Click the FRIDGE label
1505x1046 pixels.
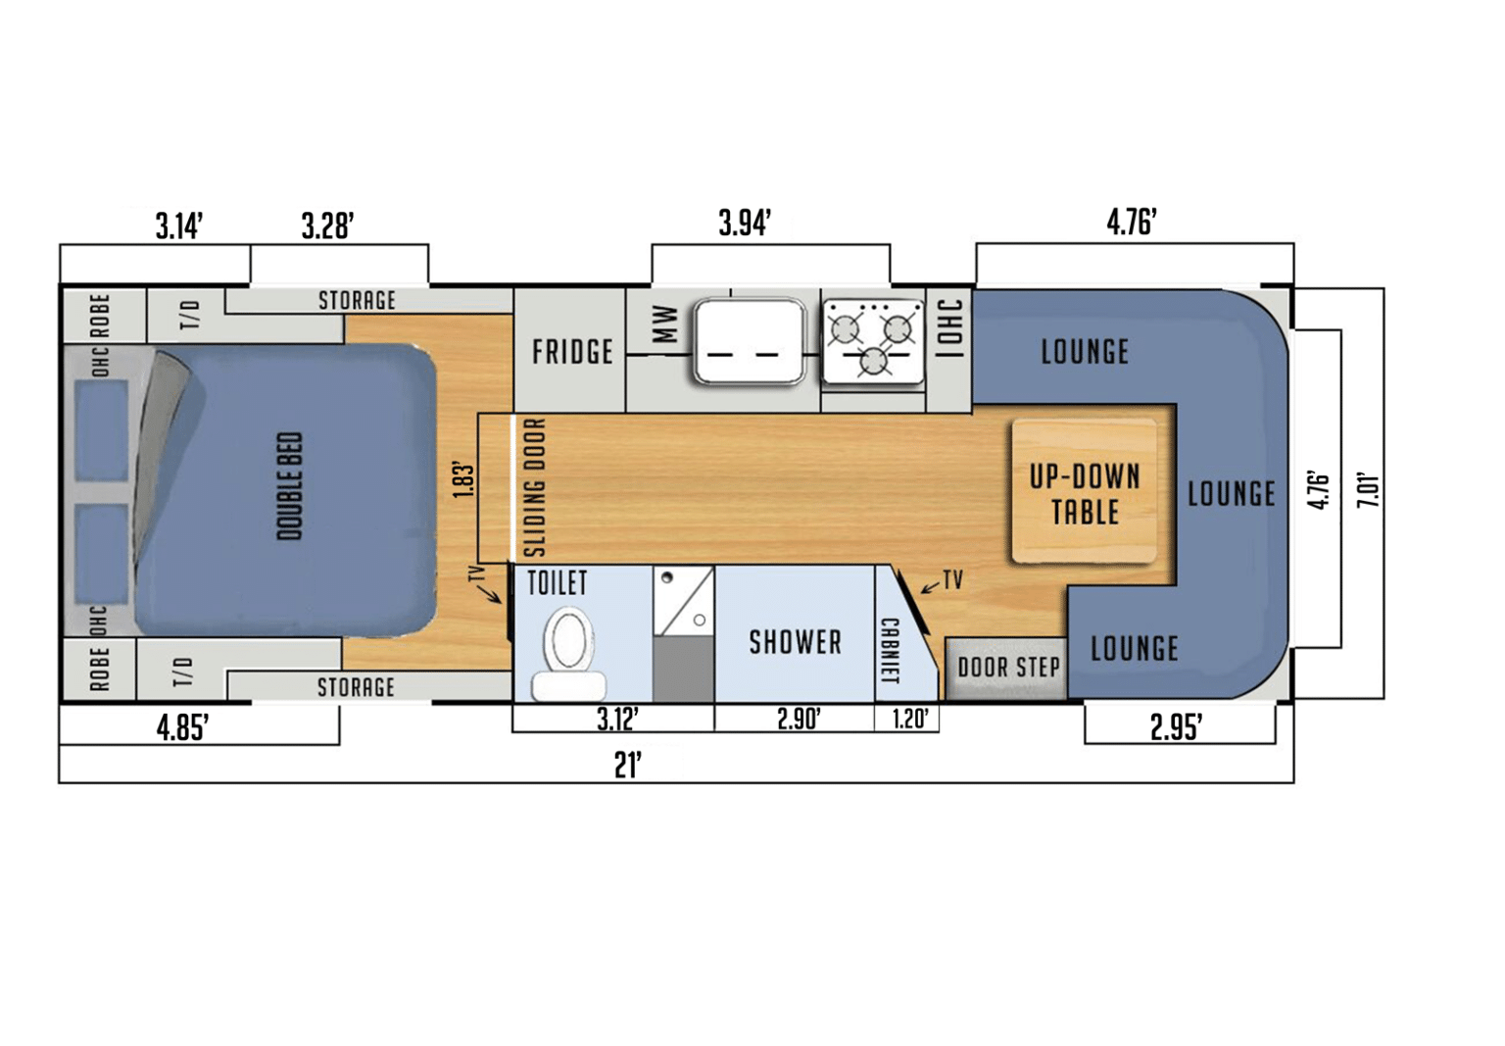coord(572,352)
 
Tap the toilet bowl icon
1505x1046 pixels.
coord(568,642)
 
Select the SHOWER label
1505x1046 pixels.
coord(795,643)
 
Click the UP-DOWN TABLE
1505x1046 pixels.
coord(1084,493)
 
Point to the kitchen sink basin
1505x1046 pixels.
coord(750,341)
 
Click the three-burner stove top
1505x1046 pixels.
coord(872,341)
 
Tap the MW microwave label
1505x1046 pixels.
coord(664,324)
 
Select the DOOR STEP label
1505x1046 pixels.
coord(1008,668)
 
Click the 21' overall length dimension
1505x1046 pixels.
coord(628,765)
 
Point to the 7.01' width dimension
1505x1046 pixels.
coord(1368,489)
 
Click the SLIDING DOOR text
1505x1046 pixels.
coord(534,487)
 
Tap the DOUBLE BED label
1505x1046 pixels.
coord(290,486)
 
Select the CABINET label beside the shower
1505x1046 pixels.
coord(890,651)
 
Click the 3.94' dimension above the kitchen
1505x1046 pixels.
coord(745,224)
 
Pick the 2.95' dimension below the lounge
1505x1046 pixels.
coord(1176,727)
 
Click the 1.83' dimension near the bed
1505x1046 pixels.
coord(464,479)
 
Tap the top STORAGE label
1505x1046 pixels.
coord(357,301)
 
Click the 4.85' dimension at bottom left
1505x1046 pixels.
coord(182,728)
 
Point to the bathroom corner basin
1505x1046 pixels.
coord(683,599)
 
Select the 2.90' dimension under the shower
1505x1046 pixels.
coord(799,719)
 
